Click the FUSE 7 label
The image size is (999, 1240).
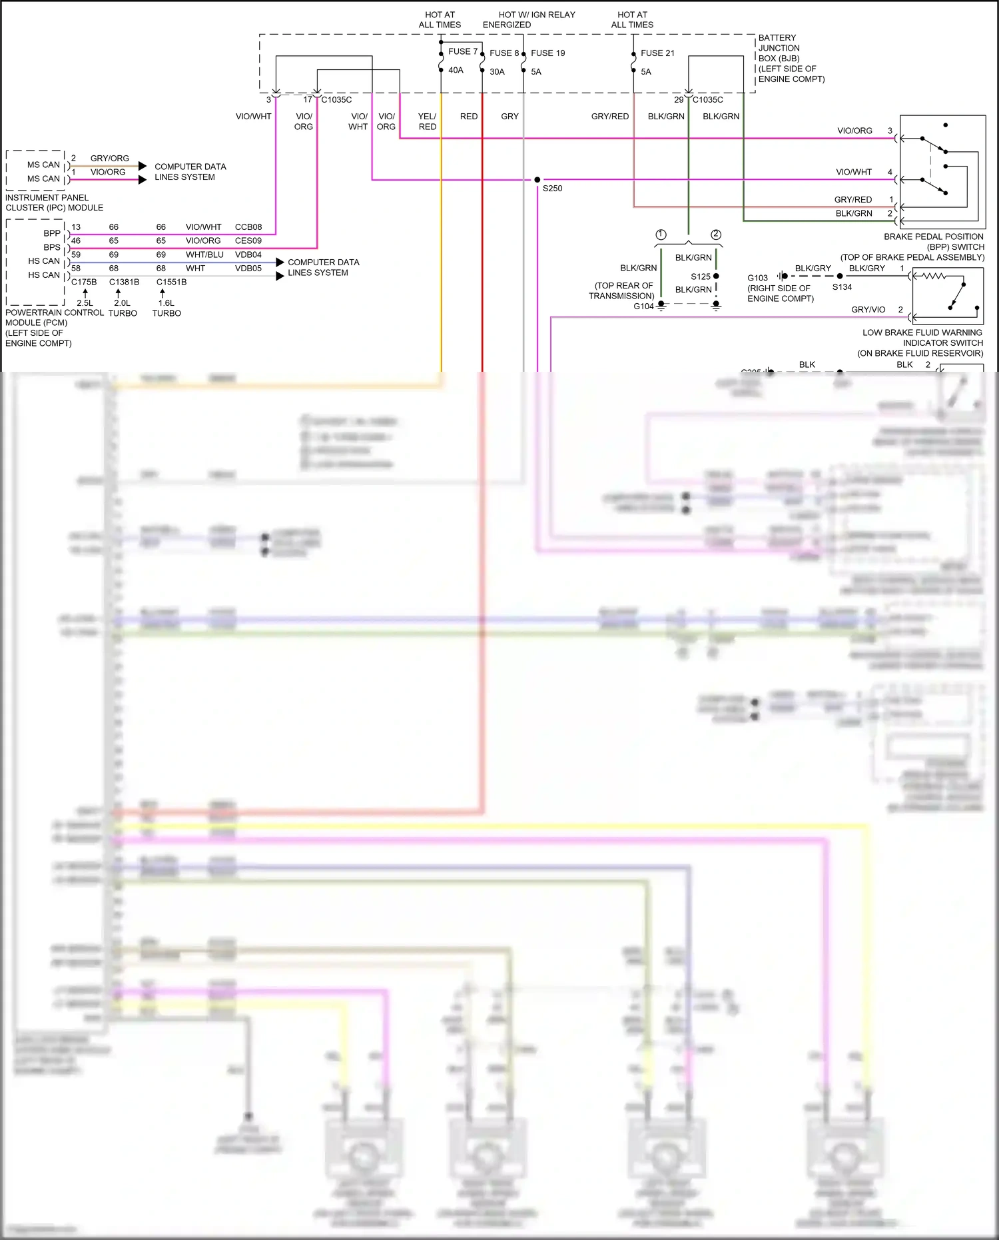tap(462, 51)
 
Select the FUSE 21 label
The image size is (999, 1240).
tap(657, 53)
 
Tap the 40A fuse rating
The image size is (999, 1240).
tap(456, 70)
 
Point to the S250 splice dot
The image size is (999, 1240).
tap(537, 180)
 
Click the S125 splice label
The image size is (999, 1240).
tap(700, 277)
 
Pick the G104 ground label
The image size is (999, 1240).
tap(643, 307)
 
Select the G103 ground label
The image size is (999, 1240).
tap(757, 278)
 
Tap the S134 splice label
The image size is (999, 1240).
tap(842, 287)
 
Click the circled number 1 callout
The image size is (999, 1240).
tap(661, 235)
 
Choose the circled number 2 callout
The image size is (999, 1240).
tap(716, 235)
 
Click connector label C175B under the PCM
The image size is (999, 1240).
tap(84, 282)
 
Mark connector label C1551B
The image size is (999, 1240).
tap(171, 282)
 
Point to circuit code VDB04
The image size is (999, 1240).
tap(248, 255)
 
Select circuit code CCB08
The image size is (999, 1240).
tap(248, 227)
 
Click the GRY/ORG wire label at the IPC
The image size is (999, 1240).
tap(110, 159)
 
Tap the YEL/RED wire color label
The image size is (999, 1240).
tap(427, 121)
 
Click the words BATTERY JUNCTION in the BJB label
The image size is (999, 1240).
tap(779, 43)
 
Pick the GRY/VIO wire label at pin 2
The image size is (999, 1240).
tap(868, 310)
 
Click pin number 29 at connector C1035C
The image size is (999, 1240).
tap(679, 100)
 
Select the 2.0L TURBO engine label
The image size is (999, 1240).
tap(123, 308)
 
